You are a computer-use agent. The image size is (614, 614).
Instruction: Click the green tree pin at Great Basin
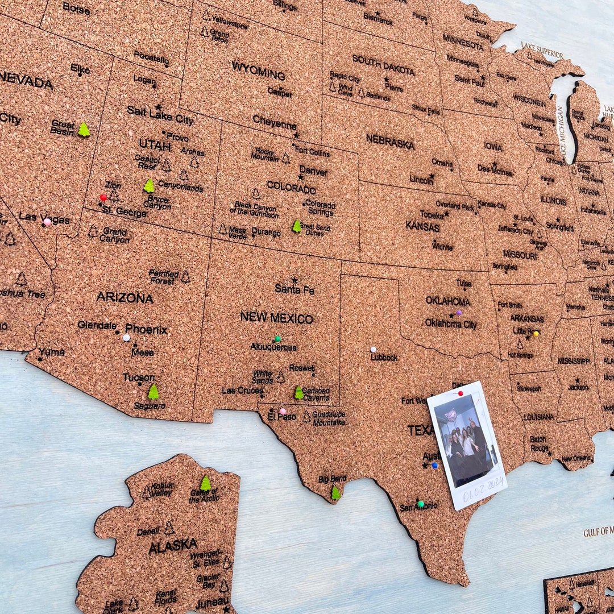[x=84, y=130]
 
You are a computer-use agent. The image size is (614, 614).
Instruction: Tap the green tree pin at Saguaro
[x=153, y=392]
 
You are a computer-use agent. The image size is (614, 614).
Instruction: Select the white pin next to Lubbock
[x=374, y=350]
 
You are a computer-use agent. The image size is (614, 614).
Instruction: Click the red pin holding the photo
[x=460, y=392]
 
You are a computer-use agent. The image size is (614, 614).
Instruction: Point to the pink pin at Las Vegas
[x=47, y=222]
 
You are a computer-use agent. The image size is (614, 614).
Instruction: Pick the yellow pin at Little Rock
[x=536, y=334]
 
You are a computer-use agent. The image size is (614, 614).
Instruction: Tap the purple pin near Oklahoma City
[x=459, y=313]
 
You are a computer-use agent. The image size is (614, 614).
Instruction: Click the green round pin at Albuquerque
[x=277, y=339]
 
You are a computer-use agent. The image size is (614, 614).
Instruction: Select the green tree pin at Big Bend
[x=336, y=492]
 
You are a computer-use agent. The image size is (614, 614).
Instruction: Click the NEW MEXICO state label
[x=276, y=318]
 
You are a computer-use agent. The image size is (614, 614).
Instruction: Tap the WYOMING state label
[x=258, y=70]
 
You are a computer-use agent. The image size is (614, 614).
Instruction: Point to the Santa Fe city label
[x=294, y=289]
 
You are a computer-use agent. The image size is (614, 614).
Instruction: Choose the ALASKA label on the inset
[x=173, y=546]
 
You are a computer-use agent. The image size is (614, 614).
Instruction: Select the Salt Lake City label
[x=160, y=115]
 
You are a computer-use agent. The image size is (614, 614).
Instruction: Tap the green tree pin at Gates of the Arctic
[x=205, y=483]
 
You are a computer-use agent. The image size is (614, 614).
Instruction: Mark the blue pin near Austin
[x=435, y=465]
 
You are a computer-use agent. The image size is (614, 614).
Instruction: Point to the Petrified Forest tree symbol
[x=185, y=277]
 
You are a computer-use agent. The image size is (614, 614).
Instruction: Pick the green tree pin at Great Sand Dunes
[x=297, y=226]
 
